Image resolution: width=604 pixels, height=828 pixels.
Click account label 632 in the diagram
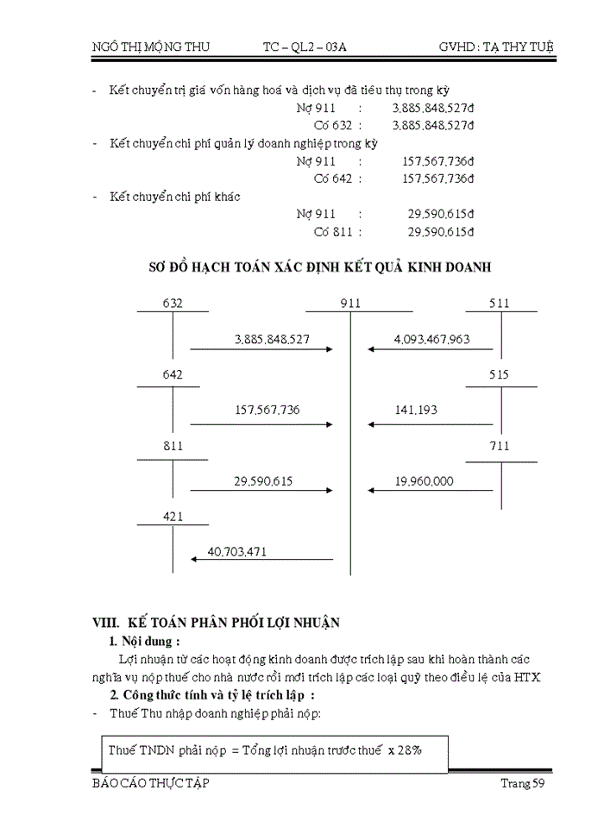coord(173,304)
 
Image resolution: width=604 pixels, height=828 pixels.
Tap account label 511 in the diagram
coord(499,304)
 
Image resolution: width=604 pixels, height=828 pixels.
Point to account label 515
coord(499,375)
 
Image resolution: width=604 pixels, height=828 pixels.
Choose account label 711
coord(499,446)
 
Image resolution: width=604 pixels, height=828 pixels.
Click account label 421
coord(173,517)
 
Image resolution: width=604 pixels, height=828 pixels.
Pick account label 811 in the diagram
coord(173,446)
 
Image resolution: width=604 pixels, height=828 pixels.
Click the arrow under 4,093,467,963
coord(431,349)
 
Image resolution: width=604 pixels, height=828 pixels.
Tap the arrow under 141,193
coord(431,423)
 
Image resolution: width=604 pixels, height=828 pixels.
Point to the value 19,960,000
coord(425,481)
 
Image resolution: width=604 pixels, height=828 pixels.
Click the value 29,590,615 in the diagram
coord(262,481)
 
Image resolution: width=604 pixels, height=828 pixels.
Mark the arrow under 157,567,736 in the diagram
coord(262,423)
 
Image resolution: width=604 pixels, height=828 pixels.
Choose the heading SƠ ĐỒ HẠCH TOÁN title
coord(321,267)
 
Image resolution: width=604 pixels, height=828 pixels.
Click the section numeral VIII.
coord(106,622)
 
